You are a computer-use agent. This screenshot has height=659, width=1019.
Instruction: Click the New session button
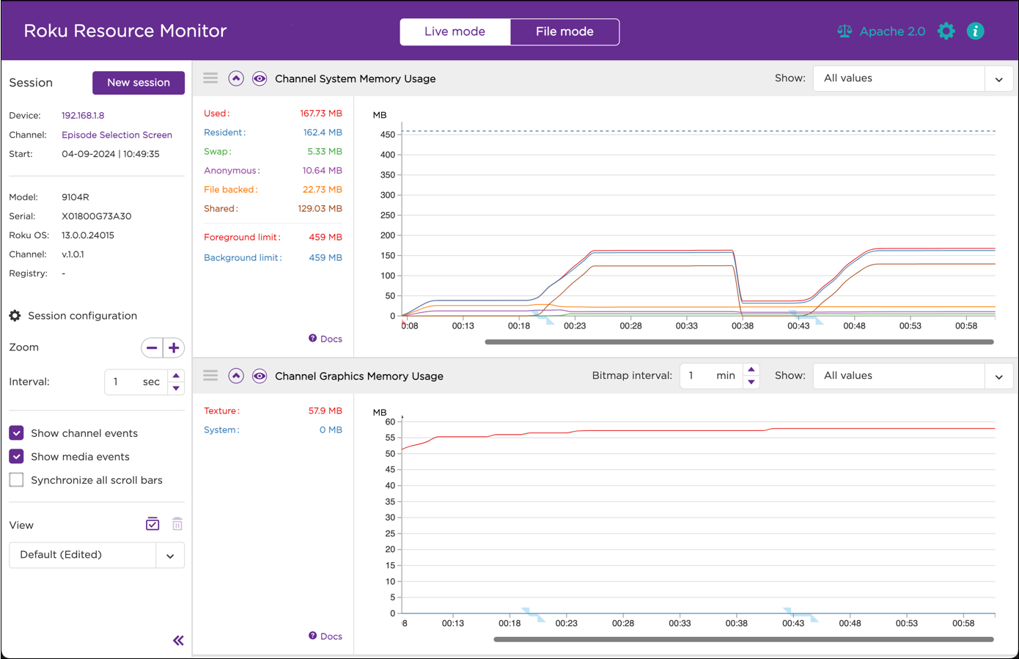[x=138, y=83]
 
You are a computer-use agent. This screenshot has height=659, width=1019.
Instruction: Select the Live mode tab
[x=455, y=32]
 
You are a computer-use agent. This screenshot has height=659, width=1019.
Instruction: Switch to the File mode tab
[x=564, y=32]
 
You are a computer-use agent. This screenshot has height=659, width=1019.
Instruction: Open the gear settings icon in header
[x=946, y=31]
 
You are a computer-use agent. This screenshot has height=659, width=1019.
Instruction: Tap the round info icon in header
[x=975, y=31]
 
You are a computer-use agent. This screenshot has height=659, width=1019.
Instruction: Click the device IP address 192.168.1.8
[x=83, y=115]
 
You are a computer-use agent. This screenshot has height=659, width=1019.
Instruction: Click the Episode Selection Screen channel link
[x=117, y=135]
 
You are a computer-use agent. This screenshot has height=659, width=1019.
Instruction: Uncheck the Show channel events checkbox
[x=17, y=433]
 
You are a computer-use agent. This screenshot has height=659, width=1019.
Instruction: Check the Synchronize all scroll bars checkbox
[x=17, y=480]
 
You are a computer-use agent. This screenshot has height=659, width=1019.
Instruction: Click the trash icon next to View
[x=177, y=524]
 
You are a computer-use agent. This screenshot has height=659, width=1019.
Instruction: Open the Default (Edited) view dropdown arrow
[x=170, y=556]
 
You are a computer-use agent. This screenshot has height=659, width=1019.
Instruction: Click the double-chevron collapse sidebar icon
[x=178, y=641]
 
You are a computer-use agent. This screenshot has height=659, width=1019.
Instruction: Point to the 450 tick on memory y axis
[x=388, y=135]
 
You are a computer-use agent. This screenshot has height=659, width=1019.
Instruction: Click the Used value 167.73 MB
[x=320, y=114]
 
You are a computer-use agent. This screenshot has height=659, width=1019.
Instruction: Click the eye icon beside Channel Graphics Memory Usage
[x=260, y=376]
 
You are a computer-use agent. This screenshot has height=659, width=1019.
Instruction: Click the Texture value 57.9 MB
[x=325, y=411]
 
